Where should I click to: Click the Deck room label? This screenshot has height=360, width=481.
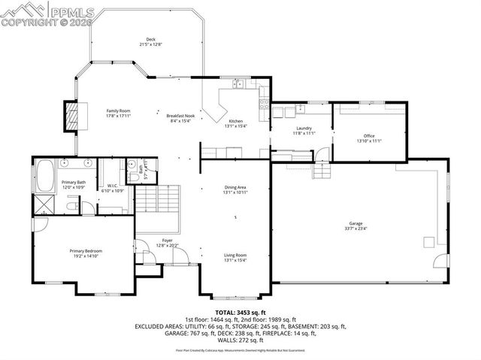coord(150,38)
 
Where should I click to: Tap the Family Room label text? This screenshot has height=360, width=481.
coord(119,110)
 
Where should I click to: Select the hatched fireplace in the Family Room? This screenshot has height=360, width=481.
coord(73,114)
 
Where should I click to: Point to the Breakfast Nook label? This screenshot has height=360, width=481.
coord(180,115)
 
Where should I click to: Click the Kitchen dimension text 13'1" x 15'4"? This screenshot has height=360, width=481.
coord(235,126)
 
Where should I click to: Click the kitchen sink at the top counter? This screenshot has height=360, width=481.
coord(237,84)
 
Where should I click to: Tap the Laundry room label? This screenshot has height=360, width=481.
coord(304,128)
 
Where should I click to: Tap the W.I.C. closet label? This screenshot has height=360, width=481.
coord(111,186)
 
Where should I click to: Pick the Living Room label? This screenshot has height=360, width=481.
coord(235,256)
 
